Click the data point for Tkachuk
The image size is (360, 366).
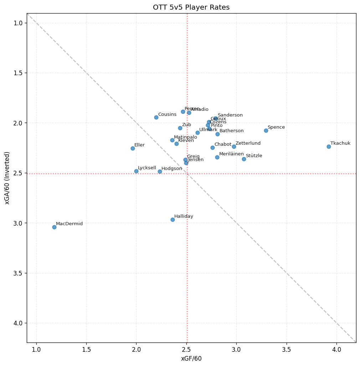[x=329, y=146]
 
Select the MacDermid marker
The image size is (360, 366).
[x=54, y=227]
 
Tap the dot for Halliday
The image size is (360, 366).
[x=173, y=220]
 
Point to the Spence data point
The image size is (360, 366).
[x=266, y=130]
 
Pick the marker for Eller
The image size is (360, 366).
[x=133, y=148]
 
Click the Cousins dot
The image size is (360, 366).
[x=156, y=117]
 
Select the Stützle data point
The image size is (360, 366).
[x=244, y=159]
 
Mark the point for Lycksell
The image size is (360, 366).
[x=136, y=171]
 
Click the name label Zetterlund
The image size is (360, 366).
[x=248, y=143]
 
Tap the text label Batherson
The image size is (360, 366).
[x=232, y=131]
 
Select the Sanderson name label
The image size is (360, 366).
[x=230, y=115]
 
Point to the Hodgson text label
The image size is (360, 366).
[x=172, y=169]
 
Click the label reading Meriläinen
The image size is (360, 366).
[x=231, y=154]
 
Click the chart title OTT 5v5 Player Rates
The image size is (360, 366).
[x=191, y=7]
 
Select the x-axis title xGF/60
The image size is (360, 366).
[x=191, y=359]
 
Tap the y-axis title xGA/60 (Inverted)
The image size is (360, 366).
[x=7, y=178]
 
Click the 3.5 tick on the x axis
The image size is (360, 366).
[x=287, y=349]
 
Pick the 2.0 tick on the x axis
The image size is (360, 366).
[x=136, y=349]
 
